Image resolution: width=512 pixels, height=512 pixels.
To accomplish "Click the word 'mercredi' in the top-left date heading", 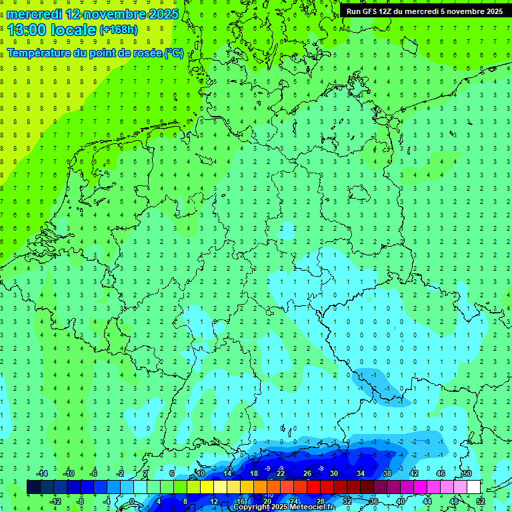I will pos(34,14).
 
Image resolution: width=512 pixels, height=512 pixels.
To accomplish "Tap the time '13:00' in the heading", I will pos(27,29).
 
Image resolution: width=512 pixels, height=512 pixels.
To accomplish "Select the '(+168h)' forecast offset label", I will pos(119,30).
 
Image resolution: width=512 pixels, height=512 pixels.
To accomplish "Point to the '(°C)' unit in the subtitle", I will pos(174,53).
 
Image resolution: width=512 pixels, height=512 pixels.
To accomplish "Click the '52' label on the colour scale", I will pos(481,501).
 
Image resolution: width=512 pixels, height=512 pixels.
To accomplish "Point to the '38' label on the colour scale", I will pos(387,473).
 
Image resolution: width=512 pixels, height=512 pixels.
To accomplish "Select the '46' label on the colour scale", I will pos(441,473).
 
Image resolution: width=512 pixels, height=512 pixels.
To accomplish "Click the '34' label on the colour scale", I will pos(361,473).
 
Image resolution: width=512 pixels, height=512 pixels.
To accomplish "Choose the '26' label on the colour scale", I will pos(307,473).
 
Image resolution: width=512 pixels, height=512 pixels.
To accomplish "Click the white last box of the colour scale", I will pos(473,487).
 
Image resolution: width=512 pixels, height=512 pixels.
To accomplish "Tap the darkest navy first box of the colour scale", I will pos(33,487).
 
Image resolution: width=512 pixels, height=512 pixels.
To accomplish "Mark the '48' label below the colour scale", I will pos(454,501).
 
